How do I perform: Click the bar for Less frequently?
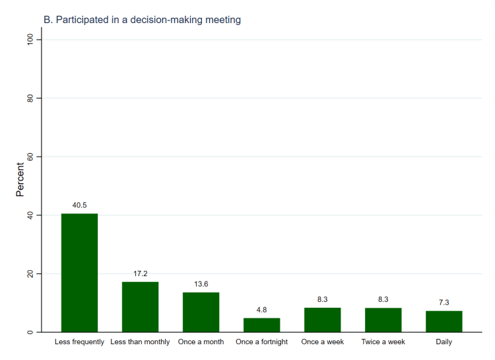click(x=79, y=272)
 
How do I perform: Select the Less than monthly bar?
click(x=140, y=306)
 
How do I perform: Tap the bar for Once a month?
click(x=201, y=312)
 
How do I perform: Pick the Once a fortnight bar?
click(x=261, y=324)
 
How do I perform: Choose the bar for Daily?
click(x=444, y=321)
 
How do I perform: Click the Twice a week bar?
click(x=383, y=320)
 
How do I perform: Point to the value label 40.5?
click(x=79, y=205)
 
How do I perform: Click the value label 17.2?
click(x=140, y=273)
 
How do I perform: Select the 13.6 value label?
click(x=201, y=284)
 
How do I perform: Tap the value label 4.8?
click(x=261, y=310)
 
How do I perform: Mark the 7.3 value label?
click(x=444, y=303)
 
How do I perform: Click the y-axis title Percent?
click(x=20, y=180)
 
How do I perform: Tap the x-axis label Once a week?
click(x=322, y=342)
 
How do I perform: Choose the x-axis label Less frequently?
click(x=79, y=342)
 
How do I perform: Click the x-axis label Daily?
click(x=444, y=342)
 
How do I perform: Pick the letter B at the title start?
click(x=47, y=20)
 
